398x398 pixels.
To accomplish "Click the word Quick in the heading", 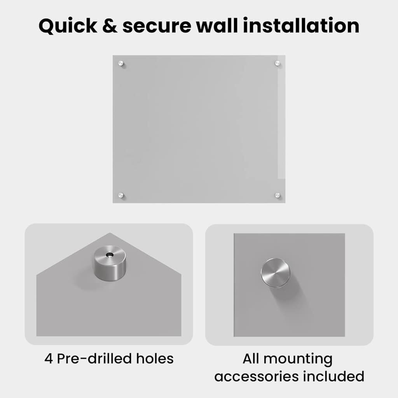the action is pos(68,26).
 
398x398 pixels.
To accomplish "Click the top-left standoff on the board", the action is pos(121,63).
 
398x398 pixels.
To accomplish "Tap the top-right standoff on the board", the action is pos(278,63).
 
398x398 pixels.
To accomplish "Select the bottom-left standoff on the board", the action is pos(121,195).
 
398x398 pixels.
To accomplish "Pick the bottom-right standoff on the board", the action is pos(278,195).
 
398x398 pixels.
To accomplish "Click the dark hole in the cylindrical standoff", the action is pos(110,254).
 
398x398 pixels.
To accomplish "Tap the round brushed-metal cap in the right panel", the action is pos(276,273).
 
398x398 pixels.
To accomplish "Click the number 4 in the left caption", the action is pos(49,359).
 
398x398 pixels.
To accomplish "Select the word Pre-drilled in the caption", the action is pos(94,358).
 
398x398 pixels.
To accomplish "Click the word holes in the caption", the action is pos(155,358).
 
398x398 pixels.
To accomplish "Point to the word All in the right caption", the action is pos(251,358).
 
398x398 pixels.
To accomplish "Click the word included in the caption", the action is pos(334,376).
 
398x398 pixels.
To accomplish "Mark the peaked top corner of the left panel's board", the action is pos(110,233).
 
